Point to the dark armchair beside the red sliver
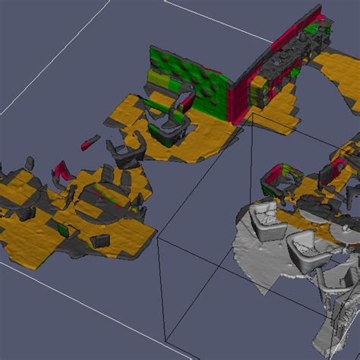point(125,151)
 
